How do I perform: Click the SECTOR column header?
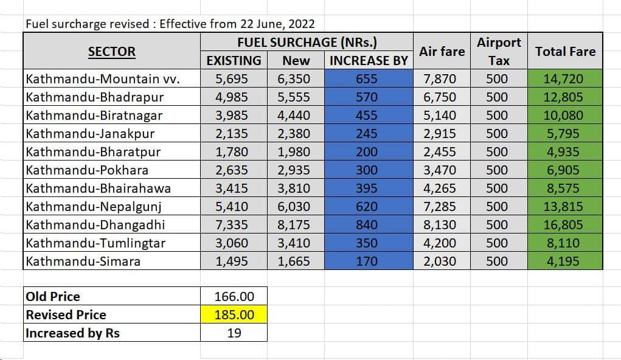(111, 52)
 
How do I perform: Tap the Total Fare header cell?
(565, 52)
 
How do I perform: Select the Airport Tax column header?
(498, 52)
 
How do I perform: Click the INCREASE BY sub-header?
(368, 61)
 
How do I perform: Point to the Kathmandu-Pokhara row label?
(87, 170)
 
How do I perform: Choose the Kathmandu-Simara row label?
(83, 261)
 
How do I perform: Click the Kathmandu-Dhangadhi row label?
(95, 225)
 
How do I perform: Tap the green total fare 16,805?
(563, 225)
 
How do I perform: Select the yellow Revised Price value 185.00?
(234, 315)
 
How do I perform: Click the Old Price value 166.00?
(234, 297)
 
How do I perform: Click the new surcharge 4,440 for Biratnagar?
(294, 116)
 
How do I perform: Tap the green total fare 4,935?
(563, 152)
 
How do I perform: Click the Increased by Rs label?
(72, 333)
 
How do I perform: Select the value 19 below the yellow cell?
(234, 333)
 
